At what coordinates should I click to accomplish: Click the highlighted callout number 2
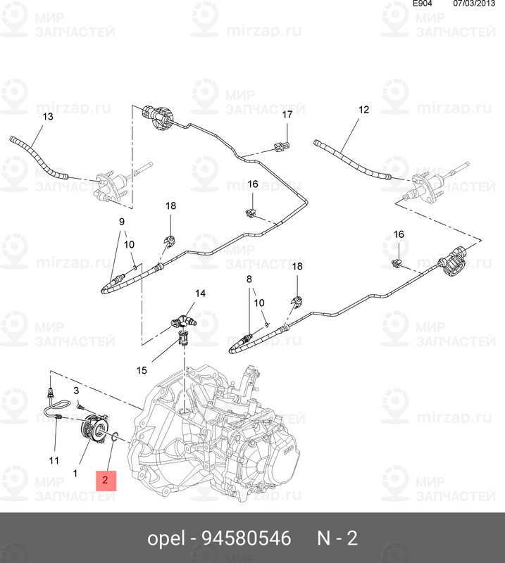105,481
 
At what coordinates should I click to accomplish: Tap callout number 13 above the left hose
47,116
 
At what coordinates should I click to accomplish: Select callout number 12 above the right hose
363,110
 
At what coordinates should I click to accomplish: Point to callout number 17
287,115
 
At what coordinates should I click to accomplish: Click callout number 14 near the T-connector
200,293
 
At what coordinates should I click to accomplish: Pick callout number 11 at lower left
54,460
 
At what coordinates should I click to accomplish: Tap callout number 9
121,222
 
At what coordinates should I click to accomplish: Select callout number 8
249,279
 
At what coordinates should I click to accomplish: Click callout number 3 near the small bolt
76,390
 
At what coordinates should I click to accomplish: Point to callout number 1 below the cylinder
75,473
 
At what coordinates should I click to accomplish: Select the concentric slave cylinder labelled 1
93,428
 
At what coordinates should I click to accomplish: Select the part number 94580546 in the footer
246,539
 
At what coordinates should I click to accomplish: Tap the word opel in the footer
166,539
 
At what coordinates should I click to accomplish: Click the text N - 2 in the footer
337,539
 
